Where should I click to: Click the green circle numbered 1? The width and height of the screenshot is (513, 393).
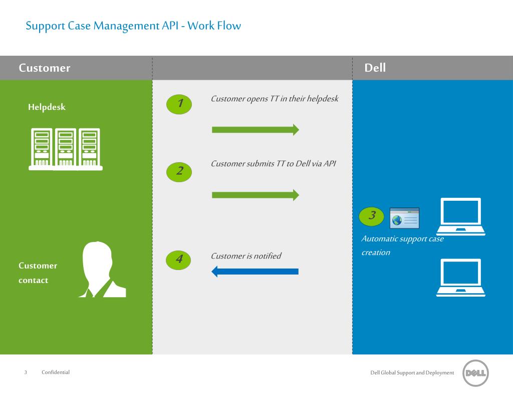(x=179, y=104)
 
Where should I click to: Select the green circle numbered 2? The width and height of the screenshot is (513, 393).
(x=179, y=171)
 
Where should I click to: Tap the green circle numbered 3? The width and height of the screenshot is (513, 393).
(x=372, y=216)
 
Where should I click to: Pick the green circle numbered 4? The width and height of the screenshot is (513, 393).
(x=179, y=259)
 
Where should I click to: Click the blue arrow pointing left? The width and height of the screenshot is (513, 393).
(x=255, y=272)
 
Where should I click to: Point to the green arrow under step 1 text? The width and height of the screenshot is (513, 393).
(x=255, y=130)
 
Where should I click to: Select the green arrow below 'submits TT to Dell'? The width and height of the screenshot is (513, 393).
(x=255, y=195)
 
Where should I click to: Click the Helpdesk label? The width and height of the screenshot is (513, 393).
(x=47, y=107)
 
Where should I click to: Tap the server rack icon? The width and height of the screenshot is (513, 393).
(x=65, y=150)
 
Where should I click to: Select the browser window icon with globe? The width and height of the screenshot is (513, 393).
(x=404, y=218)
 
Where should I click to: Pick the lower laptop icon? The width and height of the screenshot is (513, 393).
(x=461, y=278)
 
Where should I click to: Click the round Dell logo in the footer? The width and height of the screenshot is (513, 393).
(x=475, y=373)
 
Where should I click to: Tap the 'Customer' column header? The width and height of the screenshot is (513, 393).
(x=45, y=68)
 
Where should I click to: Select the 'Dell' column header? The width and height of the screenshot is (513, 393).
(x=375, y=68)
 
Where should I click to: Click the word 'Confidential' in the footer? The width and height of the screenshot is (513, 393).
(x=56, y=372)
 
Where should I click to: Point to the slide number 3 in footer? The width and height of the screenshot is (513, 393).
(x=26, y=372)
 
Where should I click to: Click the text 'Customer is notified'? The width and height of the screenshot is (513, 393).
(x=246, y=256)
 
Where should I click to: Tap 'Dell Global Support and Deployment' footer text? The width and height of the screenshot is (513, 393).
(x=412, y=372)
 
